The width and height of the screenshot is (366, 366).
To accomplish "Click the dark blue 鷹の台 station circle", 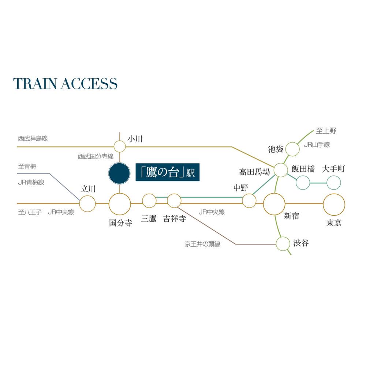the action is coord(119,173).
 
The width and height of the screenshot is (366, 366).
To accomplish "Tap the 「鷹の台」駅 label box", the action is coord(168,172).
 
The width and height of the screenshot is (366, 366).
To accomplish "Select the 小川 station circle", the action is coord(120,147).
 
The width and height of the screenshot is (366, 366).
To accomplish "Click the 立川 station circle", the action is coord(87,203).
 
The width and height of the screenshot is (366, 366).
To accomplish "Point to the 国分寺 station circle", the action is coord(120,204).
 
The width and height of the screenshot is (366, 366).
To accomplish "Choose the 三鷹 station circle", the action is coord(149,201).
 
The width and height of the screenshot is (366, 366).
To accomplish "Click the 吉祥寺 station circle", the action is coord(174,201).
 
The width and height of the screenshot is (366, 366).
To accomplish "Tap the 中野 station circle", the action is coord(249,201).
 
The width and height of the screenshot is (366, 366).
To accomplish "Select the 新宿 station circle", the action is coord(274,204).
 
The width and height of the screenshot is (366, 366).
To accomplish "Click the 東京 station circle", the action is coord(334,205).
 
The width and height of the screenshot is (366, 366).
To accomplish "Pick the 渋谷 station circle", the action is coord(283,244).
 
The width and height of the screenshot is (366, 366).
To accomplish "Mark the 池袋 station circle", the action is coord(292,149).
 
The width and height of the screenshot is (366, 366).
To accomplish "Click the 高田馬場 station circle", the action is coord(281,170).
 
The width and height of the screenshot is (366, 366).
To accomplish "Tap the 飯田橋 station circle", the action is coord(303,183).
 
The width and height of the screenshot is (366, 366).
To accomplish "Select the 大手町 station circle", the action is coord(334,183).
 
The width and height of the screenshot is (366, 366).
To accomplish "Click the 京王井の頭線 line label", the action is coord(203,244).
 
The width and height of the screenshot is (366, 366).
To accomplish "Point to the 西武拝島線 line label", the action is coord(33,138).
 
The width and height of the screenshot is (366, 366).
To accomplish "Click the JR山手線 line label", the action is coord(317,145).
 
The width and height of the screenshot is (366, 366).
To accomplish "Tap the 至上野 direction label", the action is coord(326,131).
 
